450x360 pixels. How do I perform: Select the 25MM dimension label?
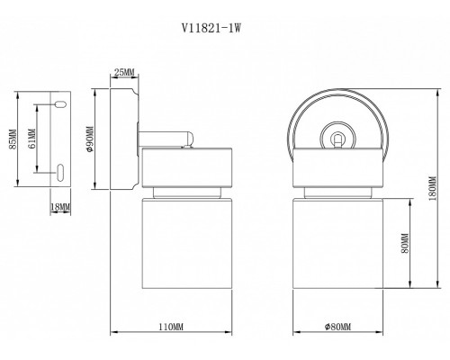[124, 74]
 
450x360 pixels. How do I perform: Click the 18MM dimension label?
[60, 208]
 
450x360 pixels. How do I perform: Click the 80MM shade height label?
[406, 243]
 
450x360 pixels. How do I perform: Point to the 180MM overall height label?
[432, 188]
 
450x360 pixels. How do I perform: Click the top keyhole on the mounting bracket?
[59, 105]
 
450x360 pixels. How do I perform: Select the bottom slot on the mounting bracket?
[59, 171]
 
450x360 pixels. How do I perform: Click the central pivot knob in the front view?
[338, 139]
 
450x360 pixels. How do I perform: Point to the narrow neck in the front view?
[338, 193]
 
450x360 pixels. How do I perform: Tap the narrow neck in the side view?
[186, 193]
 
